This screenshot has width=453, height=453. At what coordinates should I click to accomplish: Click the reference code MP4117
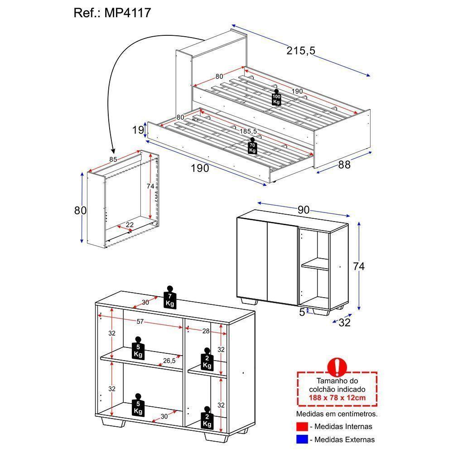click(128, 13)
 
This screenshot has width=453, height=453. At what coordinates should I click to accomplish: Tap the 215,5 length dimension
click(301, 51)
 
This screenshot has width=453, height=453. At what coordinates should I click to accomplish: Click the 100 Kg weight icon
click(276, 97)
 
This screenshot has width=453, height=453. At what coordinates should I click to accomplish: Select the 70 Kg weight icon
click(252, 145)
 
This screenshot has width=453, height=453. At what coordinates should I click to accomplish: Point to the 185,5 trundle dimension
click(248, 131)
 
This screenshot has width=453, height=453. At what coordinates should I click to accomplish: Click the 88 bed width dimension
click(344, 165)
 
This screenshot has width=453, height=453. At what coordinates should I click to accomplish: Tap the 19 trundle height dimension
click(138, 130)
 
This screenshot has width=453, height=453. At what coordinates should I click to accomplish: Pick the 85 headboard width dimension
click(113, 159)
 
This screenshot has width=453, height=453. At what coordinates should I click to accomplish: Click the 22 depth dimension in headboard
click(130, 225)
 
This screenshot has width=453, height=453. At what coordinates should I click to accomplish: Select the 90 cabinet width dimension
click(304, 210)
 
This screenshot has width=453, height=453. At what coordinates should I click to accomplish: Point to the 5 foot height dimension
click(302, 312)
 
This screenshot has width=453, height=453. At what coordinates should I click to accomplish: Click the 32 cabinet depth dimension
click(344, 323)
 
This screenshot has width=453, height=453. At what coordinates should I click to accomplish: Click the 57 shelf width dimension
click(140, 322)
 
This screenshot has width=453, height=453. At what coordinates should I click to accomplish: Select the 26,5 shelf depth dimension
click(169, 361)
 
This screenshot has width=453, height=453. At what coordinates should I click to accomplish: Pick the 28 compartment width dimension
click(206, 331)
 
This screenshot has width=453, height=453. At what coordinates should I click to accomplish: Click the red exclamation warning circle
click(337, 366)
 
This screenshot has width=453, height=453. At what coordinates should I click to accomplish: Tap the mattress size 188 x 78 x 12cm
click(337, 398)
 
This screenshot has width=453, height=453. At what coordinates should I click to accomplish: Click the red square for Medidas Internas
click(302, 426)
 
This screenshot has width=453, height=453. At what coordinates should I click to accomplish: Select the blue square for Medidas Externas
click(302, 439)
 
